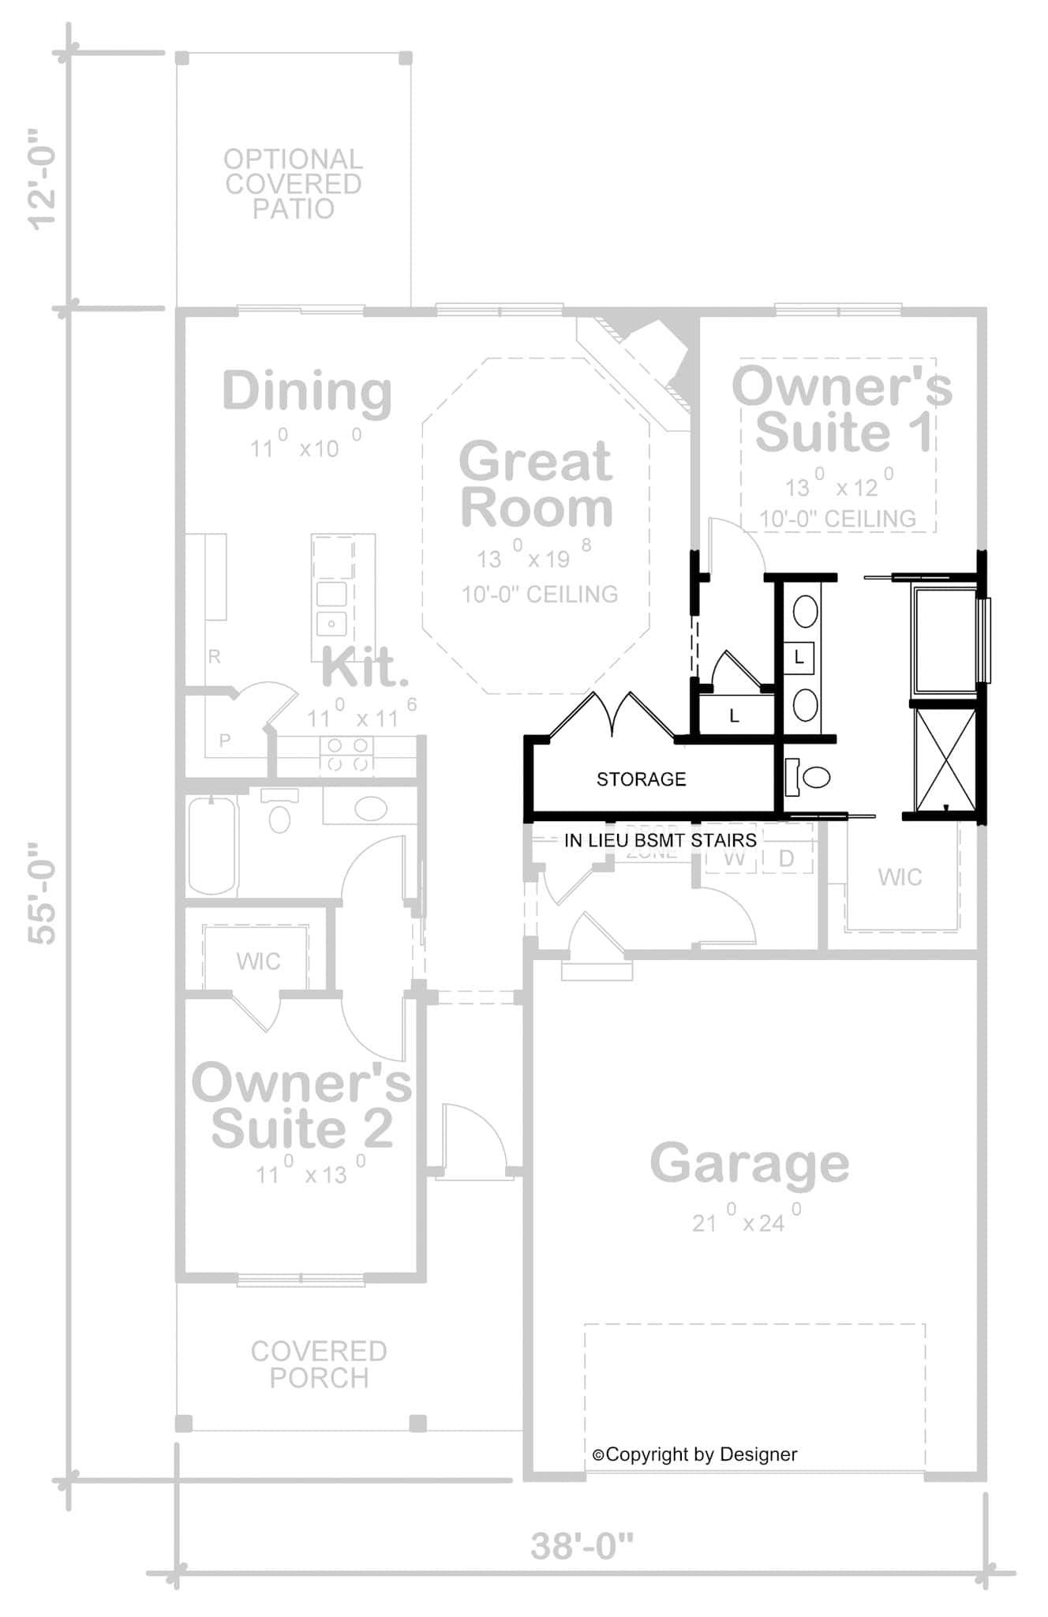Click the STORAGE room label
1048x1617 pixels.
point(641,779)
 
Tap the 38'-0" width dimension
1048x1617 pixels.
point(582,1546)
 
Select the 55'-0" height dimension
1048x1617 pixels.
point(43,893)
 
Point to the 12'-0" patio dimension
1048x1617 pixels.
point(43,179)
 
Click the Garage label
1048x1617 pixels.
point(749,1163)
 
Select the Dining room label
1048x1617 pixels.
point(307,390)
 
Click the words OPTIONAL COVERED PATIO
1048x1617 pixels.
point(293,184)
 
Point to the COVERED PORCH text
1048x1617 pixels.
point(319,1364)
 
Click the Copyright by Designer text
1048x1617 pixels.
point(695,1454)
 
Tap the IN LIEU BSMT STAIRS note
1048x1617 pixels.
point(660,840)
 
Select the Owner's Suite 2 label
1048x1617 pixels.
point(301,1105)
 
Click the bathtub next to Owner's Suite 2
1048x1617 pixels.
point(211,846)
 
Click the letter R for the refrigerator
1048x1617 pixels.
point(214,656)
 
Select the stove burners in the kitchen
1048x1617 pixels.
point(348,754)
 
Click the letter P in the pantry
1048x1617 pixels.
point(225,740)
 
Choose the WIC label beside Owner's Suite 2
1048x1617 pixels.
point(258,961)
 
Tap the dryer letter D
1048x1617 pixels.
point(786,858)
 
